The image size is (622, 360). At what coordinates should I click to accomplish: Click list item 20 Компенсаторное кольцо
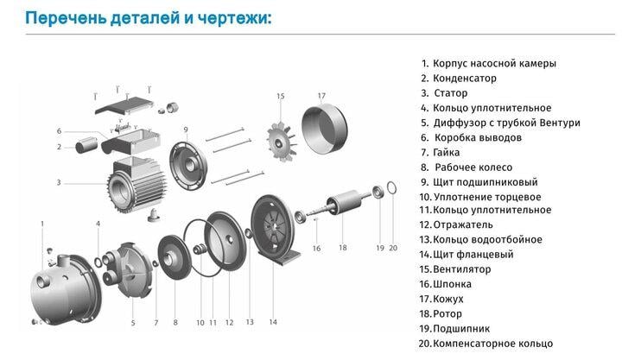[492, 343]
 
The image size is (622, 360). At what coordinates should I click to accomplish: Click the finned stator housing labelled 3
[132, 182]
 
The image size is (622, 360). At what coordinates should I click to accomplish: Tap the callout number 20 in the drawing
[393, 248]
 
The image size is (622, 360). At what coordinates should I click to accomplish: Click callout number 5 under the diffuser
[133, 323]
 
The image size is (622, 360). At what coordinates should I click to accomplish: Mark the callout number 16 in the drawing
[316, 248]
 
